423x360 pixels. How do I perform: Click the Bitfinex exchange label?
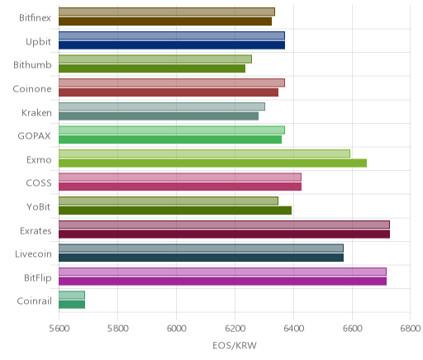point(35,18)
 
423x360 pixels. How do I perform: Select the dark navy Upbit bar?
point(172,45)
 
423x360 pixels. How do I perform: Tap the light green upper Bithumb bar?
point(155,59)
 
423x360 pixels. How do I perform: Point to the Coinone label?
point(32,88)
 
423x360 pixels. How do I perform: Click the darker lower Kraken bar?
point(159,116)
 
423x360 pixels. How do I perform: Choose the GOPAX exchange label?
point(34,136)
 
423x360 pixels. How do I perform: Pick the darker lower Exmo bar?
point(212,163)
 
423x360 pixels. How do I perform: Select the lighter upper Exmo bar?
point(204,154)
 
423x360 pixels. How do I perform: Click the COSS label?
point(39,183)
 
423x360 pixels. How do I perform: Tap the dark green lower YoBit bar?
point(175,211)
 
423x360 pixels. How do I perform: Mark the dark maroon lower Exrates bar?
point(224,234)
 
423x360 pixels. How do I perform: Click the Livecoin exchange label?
point(33,253)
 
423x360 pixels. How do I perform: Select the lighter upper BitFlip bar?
point(222,272)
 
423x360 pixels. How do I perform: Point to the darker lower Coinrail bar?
point(72,305)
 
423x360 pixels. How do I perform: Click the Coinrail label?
point(34,301)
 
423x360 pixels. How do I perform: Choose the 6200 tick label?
point(235,329)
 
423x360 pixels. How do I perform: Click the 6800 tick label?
point(411,329)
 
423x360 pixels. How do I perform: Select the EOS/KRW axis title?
point(235,345)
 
